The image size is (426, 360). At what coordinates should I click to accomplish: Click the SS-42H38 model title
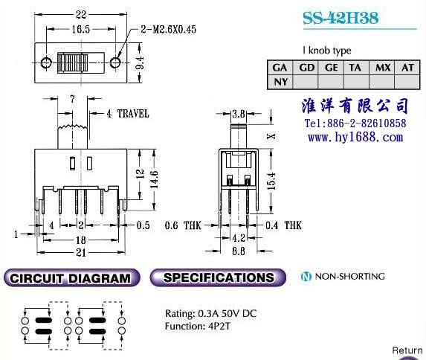pos(341,18)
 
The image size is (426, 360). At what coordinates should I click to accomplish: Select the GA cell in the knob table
pos(280,68)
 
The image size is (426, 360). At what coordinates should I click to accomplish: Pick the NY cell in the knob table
pos(280,82)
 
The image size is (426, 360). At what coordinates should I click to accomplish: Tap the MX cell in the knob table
pos(383,68)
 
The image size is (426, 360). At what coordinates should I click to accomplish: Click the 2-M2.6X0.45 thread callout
pos(168,29)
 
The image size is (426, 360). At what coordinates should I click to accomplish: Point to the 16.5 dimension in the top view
pos(81,29)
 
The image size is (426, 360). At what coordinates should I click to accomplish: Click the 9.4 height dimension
pos(140,62)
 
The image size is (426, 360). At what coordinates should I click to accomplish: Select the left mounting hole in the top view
pos(46,62)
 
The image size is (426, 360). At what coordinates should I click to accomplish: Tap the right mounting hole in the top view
pos(115,62)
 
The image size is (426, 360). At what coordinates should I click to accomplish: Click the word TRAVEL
pos(133,113)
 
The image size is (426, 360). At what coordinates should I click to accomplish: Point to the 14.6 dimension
pos(154,180)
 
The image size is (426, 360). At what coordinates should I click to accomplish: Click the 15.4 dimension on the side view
pos(271,181)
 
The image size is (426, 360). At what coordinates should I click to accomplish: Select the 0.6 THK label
pos(183,225)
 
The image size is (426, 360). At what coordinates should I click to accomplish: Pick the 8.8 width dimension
pos(238,251)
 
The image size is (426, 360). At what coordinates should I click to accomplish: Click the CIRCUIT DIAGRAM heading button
pos(71,278)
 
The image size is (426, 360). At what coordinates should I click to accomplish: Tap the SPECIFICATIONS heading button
pos(218,277)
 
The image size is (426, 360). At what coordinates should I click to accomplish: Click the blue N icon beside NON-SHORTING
pos(306,277)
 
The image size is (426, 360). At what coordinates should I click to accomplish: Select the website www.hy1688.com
pos(355,137)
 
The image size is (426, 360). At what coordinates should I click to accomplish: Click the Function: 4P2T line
pos(198,326)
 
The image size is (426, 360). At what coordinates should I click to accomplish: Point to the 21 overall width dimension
pos(81,253)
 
